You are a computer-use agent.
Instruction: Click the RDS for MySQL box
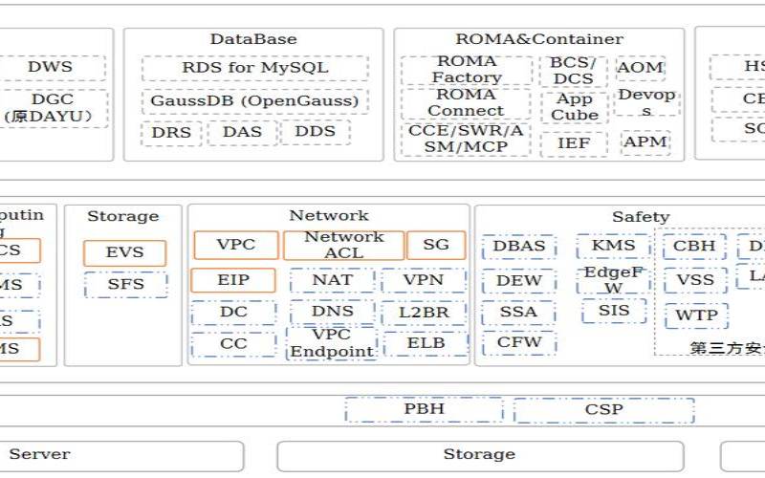coord(255,68)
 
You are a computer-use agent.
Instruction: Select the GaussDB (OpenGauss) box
coord(255,100)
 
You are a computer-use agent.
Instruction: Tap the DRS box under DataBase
coord(171,132)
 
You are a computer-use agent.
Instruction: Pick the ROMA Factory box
coord(467,70)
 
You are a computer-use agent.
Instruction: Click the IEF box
coord(574,143)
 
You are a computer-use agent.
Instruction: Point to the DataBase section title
coord(253,39)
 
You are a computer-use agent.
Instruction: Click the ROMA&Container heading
coord(539,39)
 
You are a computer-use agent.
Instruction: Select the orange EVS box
coord(124,252)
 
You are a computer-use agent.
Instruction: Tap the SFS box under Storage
coord(124,284)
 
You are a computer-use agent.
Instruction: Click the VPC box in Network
coord(236,245)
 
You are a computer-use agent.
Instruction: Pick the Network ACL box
coord(344,245)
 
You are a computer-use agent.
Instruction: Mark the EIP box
coord(233,280)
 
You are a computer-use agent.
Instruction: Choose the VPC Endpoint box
coord(332,343)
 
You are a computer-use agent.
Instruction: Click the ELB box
coord(426,343)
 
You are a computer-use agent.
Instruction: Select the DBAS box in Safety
coord(519,246)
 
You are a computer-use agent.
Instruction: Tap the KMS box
coord(614,246)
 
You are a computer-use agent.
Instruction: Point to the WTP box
coord(696,315)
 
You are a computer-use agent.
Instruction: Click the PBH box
coord(424,409)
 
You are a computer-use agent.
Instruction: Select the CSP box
coord(604,410)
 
